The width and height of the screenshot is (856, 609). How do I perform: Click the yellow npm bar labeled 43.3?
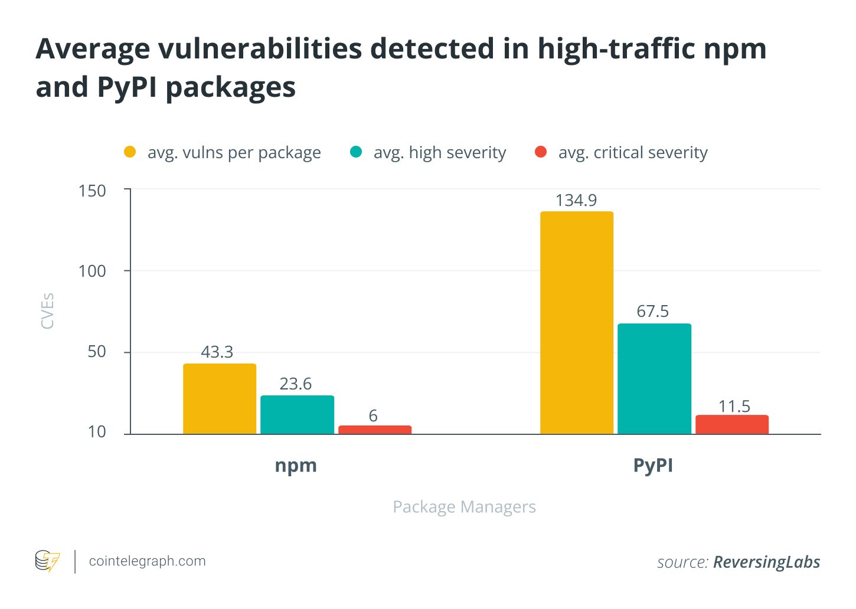coord(220,399)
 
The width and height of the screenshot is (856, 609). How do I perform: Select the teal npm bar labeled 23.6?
coord(297,415)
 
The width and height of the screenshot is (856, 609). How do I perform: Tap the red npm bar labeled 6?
coord(375,430)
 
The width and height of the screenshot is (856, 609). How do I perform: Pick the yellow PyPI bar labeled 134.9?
coord(577,323)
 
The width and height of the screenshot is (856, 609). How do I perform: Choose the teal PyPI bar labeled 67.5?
coord(654,379)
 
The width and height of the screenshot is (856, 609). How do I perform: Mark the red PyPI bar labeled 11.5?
coord(732,425)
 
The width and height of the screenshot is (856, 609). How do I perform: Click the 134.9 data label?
coord(576,201)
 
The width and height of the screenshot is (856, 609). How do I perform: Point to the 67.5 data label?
coord(653,312)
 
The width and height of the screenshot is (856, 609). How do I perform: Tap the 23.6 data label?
coord(295,384)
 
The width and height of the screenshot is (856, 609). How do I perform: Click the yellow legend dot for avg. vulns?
coord(130,152)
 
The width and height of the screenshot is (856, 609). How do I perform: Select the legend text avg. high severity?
coord(440,153)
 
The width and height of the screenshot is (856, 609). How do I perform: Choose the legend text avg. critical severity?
coord(633,153)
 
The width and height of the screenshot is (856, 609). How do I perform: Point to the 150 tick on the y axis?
coord(92,191)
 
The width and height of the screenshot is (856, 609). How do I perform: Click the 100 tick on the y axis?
coord(92,271)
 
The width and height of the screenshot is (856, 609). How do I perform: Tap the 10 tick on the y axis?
coord(97,432)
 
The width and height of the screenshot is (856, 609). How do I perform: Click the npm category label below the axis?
coord(296,466)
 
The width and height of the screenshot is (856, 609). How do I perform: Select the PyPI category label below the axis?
coord(653,466)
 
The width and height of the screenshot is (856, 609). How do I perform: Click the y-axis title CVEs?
coord(47,311)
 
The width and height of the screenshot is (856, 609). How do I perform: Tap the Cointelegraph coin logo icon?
coord(47,561)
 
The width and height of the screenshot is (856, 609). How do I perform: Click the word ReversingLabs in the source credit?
coord(766,562)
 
